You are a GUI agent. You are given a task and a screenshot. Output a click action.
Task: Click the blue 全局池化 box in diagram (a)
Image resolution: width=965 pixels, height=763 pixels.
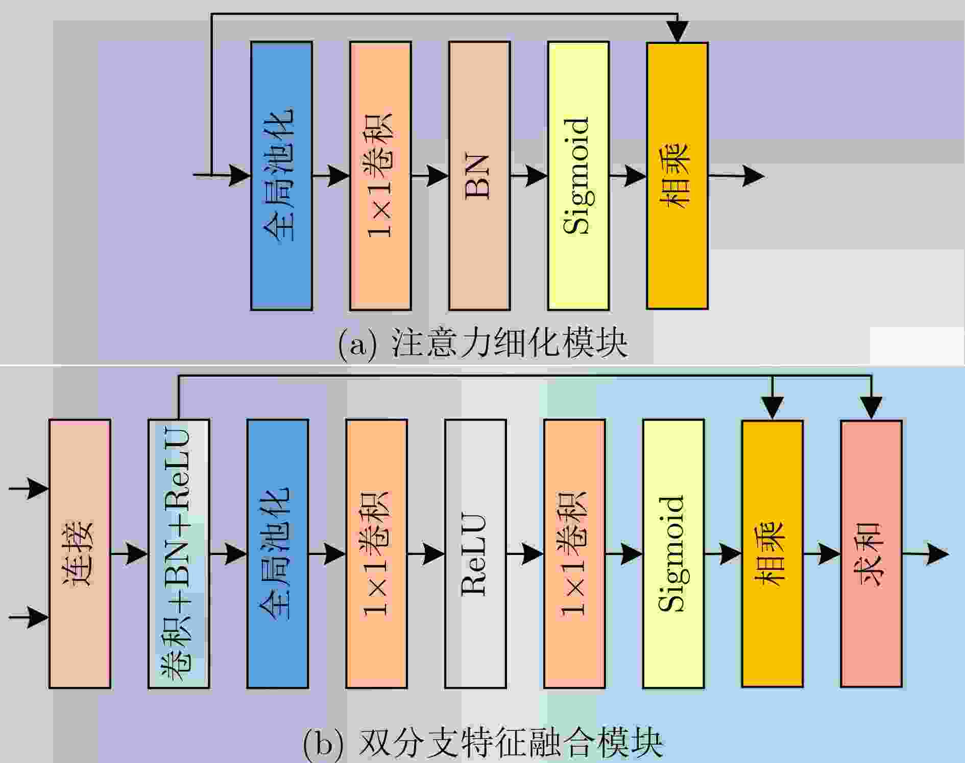click(x=281, y=176)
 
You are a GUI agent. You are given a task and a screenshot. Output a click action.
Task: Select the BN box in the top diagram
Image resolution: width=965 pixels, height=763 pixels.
click(x=479, y=176)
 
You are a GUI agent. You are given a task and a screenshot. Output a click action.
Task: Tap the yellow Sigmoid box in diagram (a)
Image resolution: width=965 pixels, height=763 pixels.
click(x=578, y=176)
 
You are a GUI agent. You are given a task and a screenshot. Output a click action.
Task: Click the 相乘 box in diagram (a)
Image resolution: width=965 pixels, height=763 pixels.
click(x=677, y=176)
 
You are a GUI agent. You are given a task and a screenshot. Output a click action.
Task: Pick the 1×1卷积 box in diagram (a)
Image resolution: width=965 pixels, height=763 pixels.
click(x=380, y=176)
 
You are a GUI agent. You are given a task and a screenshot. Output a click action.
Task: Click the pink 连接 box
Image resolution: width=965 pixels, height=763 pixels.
click(x=80, y=553)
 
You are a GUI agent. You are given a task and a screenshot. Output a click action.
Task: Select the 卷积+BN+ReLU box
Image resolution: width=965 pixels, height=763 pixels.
click(x=179, y=553)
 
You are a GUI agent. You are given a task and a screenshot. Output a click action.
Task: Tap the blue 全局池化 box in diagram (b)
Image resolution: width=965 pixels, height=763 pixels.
click(x=278, y=553)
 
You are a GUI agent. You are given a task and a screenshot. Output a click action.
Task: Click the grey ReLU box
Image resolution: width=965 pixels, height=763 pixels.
click(x=475, y=553)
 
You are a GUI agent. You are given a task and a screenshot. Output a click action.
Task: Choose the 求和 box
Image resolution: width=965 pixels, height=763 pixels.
click(x=871, y=553)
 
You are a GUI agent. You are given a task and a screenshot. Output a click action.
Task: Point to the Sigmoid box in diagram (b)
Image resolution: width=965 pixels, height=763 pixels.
click(x=673, y=553)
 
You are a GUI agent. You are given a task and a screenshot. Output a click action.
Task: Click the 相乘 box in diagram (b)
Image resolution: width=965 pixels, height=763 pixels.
click(x=772, y=553)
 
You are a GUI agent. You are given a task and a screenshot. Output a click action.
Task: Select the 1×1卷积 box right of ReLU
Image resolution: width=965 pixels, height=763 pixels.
click(x=574, y=553)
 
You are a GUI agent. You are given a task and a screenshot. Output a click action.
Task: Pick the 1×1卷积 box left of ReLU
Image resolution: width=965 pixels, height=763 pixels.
click(x=377, y=553)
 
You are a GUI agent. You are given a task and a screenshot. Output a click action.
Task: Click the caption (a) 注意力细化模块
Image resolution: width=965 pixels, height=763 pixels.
click(x=482, y=343)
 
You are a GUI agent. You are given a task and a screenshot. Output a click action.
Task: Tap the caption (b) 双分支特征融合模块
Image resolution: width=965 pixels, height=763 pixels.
click(x=482, y=744)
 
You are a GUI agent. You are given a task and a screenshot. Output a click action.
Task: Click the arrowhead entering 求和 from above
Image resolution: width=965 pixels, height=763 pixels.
click(x=871, y=408)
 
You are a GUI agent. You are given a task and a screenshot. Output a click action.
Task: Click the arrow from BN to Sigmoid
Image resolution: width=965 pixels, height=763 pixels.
click(x=529, y=176)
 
